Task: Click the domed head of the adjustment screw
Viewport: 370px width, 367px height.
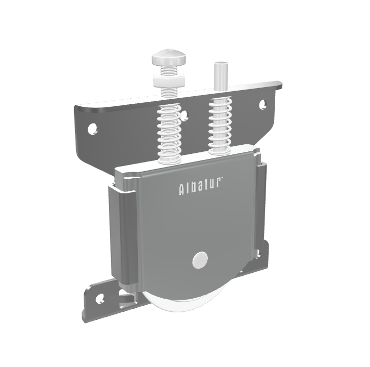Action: coord(169,58)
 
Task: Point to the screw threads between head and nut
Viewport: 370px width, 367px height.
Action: coord(168,69)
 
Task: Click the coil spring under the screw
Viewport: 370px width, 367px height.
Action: coord(169,133)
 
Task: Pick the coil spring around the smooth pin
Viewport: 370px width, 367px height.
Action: coord(219,127)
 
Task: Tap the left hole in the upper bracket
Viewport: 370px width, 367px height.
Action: coord(92,128)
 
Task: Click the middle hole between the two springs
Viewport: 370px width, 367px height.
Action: coord(185,115)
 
